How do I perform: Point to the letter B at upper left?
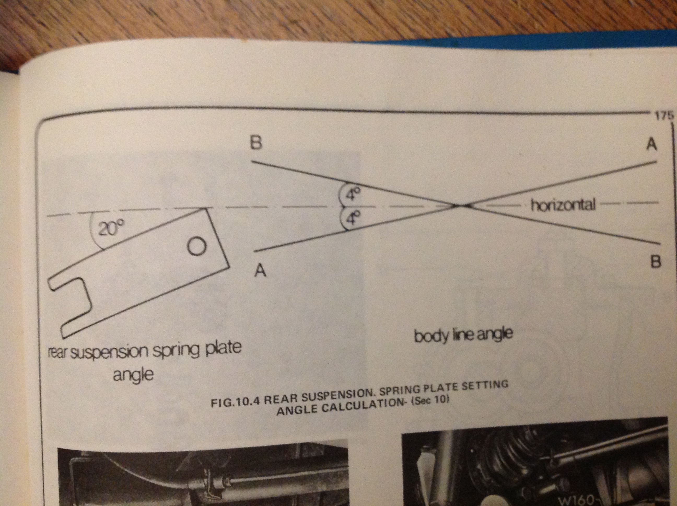coord(256,143)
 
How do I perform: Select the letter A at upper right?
coord(652,144)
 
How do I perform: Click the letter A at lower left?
coord(260,271)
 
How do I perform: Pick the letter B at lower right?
coord(655,262)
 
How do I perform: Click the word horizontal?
coord(563,205)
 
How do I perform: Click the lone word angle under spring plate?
coord(133,374)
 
